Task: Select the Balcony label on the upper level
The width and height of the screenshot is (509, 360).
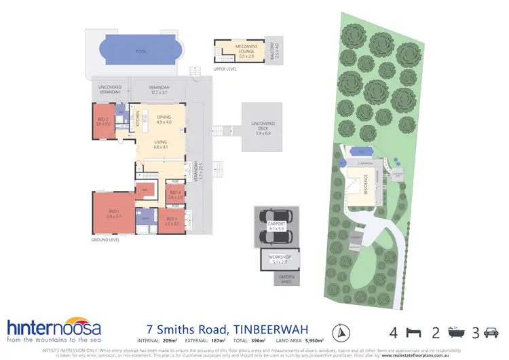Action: [x=276, y=50]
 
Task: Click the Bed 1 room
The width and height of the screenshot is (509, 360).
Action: [x=113, y=213]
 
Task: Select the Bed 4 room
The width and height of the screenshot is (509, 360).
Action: [x=175, y=195]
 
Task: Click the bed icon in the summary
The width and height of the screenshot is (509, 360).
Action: [x=411, y=333]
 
